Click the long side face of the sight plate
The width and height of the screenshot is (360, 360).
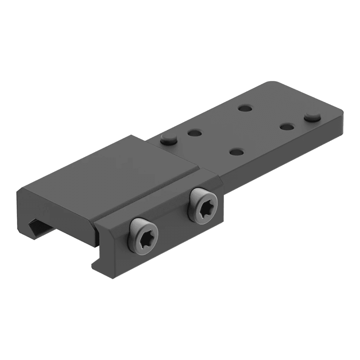pos(285,150)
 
